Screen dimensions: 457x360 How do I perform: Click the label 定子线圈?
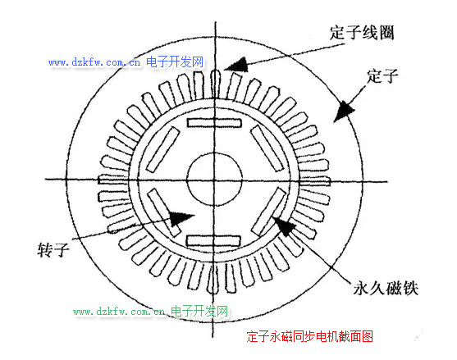tap(362, 32)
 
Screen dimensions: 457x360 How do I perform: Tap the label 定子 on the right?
tap(382, 76)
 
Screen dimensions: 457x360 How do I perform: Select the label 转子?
tap(53, 250)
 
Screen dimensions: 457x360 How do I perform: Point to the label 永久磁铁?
tap(386, 289)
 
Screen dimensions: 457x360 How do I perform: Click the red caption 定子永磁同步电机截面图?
tap(309, 336)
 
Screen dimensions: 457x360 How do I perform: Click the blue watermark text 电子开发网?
tap(175, 62)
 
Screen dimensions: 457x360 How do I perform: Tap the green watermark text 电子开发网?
tap(199, 311)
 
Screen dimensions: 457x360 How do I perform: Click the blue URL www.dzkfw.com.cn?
tap(94, 62)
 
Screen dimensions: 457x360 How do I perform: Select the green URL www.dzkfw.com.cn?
tap(119, 312)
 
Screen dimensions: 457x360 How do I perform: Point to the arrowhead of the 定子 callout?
tap(343, 112)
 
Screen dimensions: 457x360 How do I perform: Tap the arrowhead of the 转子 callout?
tap(181, 218)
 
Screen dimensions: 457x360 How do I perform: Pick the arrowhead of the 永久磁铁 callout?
tap(283, 226)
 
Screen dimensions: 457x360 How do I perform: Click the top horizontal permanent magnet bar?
tap(214, 123)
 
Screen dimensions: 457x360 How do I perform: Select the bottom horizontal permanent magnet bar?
tap(213, 241)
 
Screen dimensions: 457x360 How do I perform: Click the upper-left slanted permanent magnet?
tap(162, 149)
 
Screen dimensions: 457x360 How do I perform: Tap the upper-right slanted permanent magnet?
tap(267, 148)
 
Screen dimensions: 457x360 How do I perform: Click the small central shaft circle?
tap(214, 180)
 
